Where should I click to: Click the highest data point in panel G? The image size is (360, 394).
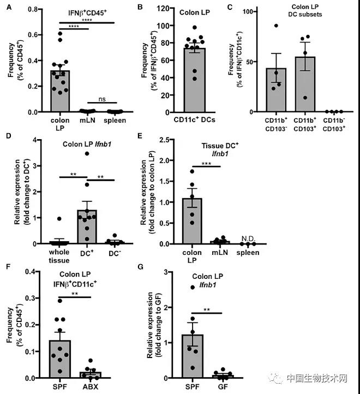[191, 287]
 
